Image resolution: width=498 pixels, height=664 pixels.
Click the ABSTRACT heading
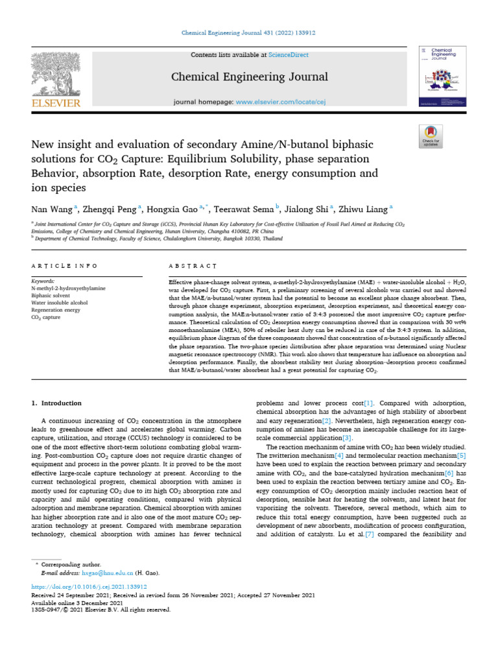coord(193,266)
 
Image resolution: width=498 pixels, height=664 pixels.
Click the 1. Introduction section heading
coord(57,403)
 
